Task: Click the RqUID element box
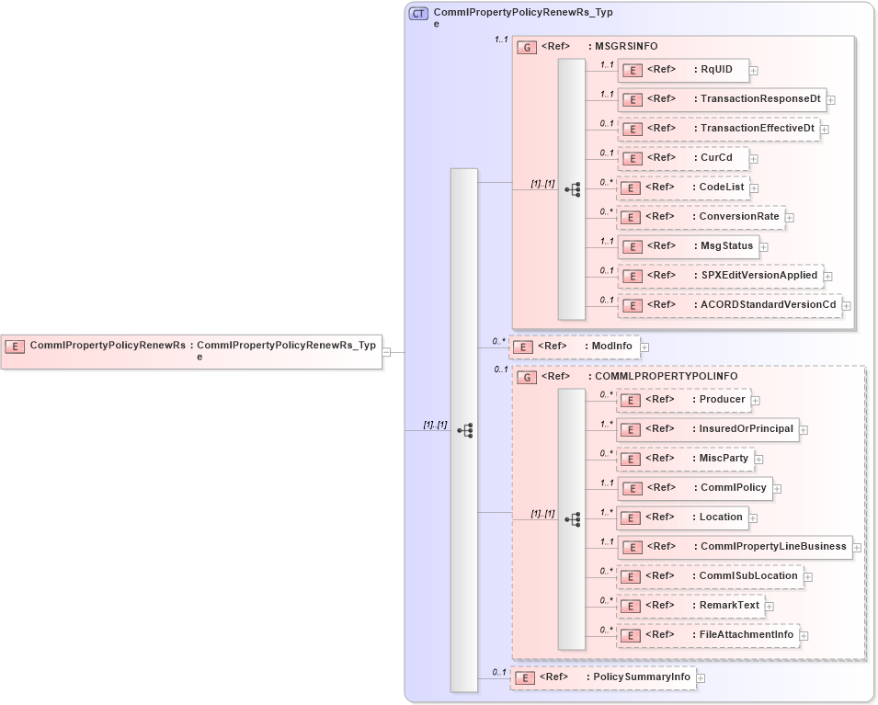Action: [683, 69]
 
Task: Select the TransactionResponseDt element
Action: [722, 99]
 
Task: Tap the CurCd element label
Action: [716, 158]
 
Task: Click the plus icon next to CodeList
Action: [755, 188]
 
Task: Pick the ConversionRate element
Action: [701, 217]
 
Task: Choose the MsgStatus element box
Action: [688, 246]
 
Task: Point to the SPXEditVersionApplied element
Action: [719, 276]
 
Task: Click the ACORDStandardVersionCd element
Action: [729, 305]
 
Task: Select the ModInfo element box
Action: [575, 347]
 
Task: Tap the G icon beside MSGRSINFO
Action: [527, 47]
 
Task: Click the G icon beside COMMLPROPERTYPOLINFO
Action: [527, 377]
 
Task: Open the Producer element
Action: [683, 400]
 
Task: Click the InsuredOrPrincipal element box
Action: [707, 429]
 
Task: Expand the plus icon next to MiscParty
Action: [758, 459]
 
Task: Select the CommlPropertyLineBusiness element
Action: [734, 547]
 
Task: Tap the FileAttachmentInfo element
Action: [707, 635]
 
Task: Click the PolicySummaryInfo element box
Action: [602, 677]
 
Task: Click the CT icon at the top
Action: [418, 14]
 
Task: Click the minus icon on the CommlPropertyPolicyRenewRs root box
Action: [387, 351]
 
